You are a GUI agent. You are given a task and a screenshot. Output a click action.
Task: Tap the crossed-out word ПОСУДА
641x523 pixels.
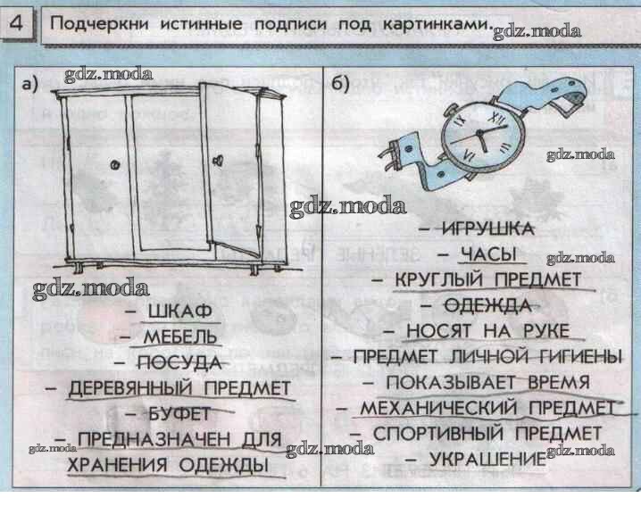tap(179, 362)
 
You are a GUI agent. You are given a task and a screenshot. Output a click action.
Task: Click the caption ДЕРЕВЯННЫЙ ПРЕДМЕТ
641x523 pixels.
tap(179, 388)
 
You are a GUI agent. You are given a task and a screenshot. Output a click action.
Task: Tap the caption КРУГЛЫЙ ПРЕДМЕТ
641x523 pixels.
tap(488, 280)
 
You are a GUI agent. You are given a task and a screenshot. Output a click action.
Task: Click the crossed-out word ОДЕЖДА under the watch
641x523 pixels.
tap(487, 306)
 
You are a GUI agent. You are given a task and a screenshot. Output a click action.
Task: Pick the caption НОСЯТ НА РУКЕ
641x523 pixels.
tap(487, 331)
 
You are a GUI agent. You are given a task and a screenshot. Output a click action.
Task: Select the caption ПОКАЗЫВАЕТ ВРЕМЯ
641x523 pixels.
tap(487, 383)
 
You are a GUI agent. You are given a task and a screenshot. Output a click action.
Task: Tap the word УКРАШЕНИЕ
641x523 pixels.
tap(487, 459)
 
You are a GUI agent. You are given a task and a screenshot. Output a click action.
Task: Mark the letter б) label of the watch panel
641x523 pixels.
tap(339, 85)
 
